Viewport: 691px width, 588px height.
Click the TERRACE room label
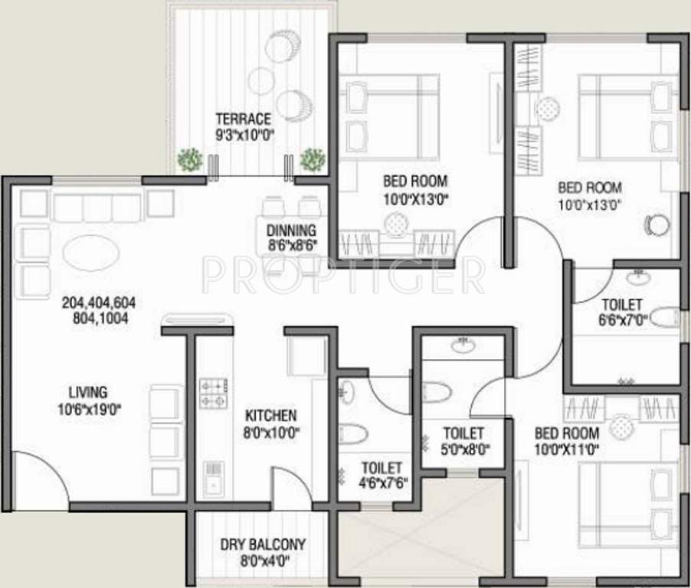[x=243, y=119]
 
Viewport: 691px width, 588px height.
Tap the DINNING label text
[x=291, y=230]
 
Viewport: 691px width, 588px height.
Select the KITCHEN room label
[x=270, y=416]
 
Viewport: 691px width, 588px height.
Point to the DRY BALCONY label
[x=263, y=544]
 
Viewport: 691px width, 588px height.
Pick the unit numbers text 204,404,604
[x=95, y=303]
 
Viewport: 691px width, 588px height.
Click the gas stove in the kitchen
[x=212, y=393]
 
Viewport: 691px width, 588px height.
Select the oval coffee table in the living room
[x=90, y=252]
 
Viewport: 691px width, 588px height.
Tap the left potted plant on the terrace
[x=190, y=159]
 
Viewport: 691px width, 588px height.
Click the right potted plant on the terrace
[x=312, y=159]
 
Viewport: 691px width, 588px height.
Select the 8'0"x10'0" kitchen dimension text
[x=270, y=432]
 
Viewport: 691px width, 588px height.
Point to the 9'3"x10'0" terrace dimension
[x=244, y=134]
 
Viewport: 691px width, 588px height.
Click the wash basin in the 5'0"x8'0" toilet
[x=463, y=346]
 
